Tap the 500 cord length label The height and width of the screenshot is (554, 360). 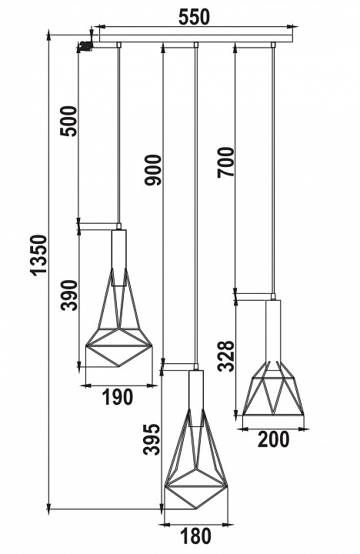point(68,119)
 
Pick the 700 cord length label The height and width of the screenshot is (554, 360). point(225,162)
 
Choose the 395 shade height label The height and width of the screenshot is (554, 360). point(153,439)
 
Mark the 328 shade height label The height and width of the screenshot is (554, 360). point(225,355)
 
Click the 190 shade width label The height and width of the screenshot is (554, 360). point(117,397)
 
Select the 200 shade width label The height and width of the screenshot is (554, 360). point(274,439)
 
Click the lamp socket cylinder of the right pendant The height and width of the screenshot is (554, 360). point(273,327)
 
